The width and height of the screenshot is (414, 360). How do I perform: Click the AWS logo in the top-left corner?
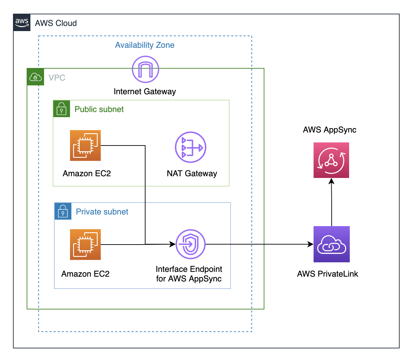(22, 23)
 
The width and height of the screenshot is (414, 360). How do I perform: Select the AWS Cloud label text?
(56, 23)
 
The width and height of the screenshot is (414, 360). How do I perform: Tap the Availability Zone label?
(144, 45)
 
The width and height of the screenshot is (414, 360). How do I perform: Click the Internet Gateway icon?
(146, 69)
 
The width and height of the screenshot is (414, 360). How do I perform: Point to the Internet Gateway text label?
(144, 92)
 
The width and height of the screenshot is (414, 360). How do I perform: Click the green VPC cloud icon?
(36, 77)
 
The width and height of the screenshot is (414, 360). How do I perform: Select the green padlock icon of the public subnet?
(61, 109)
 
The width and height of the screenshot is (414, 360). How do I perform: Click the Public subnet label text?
(99, 109)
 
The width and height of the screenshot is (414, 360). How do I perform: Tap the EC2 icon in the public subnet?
(85, 146)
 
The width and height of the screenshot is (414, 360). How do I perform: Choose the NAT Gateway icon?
(191, 147)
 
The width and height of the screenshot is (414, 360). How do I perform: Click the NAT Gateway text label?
(192, 174)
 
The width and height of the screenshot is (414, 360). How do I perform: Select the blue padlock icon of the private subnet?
(63, 211)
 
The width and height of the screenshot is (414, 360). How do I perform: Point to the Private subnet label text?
(102, 212)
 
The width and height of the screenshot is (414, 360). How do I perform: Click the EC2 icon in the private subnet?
(85, 245)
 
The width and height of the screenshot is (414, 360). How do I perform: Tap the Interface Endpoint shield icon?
(190, 244)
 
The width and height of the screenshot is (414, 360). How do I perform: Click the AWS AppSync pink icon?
(331, 160)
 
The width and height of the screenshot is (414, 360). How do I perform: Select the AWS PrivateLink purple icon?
(331, 244)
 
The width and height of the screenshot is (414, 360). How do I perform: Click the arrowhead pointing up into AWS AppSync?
(331, 181)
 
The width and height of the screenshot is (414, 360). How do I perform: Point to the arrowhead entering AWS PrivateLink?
(310, 244)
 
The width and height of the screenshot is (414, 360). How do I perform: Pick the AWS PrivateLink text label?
(327, 274)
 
